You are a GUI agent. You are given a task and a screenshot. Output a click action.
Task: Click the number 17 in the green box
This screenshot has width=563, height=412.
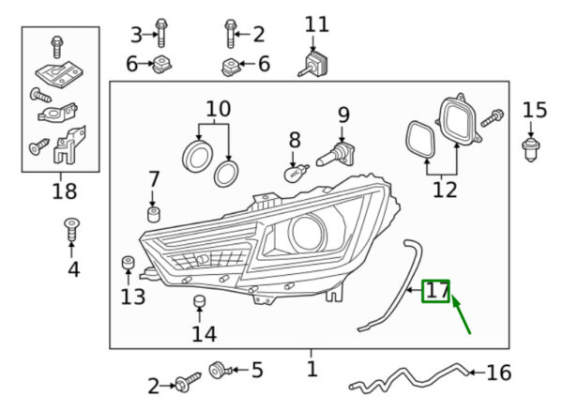pos(436,291)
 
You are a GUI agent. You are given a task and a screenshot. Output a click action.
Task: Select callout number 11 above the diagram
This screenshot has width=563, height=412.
pos(317,24)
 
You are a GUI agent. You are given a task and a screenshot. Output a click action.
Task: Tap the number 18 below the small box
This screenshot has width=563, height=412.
pos(64,194)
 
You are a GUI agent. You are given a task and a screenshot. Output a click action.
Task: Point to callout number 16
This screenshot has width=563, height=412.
pos(499,374)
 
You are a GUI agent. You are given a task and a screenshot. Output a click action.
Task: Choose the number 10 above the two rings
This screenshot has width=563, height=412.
pos(218,110)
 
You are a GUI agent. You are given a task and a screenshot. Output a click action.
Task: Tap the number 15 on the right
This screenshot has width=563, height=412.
pos(534,111)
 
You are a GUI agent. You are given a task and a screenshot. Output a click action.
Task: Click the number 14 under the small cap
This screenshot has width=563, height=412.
pos(204,333)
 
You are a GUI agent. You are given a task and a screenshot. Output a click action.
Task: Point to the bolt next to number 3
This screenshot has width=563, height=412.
pos(160,36)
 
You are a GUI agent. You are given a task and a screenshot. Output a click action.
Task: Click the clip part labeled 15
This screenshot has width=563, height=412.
pos(528,146)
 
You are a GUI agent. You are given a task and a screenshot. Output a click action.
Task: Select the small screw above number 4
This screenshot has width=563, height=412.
pos(70,228)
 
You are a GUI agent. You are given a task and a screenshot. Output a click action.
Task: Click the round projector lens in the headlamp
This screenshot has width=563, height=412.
pos(307,231)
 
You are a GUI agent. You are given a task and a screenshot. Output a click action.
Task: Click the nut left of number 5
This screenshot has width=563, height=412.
pos(218,371)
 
